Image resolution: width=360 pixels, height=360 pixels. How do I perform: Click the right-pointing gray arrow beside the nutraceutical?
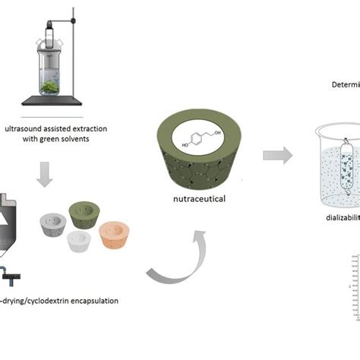(x=277, y=155)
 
